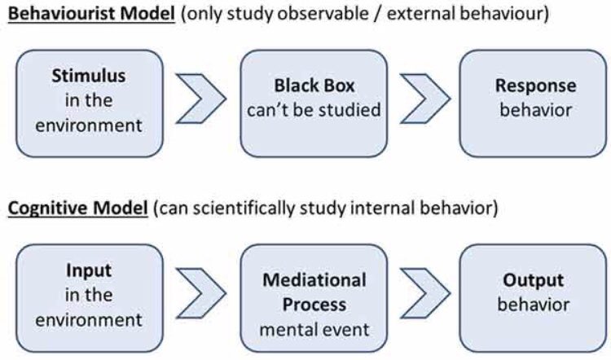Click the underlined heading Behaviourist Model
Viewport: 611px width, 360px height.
(91, 14)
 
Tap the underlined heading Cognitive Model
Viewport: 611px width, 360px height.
(78, 208)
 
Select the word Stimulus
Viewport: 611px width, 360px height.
(89, 76)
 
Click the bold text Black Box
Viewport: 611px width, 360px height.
(314, 86)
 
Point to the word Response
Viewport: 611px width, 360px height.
(535, 86)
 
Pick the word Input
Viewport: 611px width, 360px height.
(89, 270)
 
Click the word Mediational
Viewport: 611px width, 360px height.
(314, 280)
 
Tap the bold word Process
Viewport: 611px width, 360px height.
(314, 305)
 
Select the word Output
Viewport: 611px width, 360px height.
(533, 280)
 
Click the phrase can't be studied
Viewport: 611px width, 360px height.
(314, 110)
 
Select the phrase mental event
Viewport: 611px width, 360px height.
(314, 330)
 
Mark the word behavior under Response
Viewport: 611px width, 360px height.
(535, 110)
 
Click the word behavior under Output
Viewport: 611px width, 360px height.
(533, 305)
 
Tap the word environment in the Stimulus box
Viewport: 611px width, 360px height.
(89, 125)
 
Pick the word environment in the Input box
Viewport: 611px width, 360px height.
(89, 320)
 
